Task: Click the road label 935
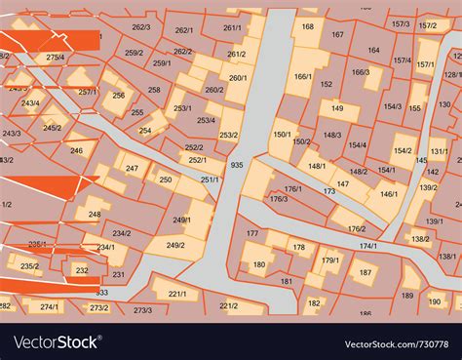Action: (x=237, y=166)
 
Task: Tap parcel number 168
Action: (x=308, y=27)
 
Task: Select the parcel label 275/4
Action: (x=55, y=58)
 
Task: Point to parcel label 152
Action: (x=326, y=84)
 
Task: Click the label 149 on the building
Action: (x=337, y=108)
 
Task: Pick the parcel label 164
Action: (x=373, y=50)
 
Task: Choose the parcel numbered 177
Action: (x=252, y=234)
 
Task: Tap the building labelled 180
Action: (x=259, y=264)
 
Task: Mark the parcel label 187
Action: (x=365, y=272)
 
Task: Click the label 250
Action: (x=166, y=180)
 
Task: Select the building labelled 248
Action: (x=94, y=214)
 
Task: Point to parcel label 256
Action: (x=118, y=96)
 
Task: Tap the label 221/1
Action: (x=176, y=294)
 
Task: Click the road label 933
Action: (x=102, y=292)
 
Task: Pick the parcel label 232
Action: (x=82, y=270)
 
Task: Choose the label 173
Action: (x=329, y=192)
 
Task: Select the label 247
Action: (x=133, y=169)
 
